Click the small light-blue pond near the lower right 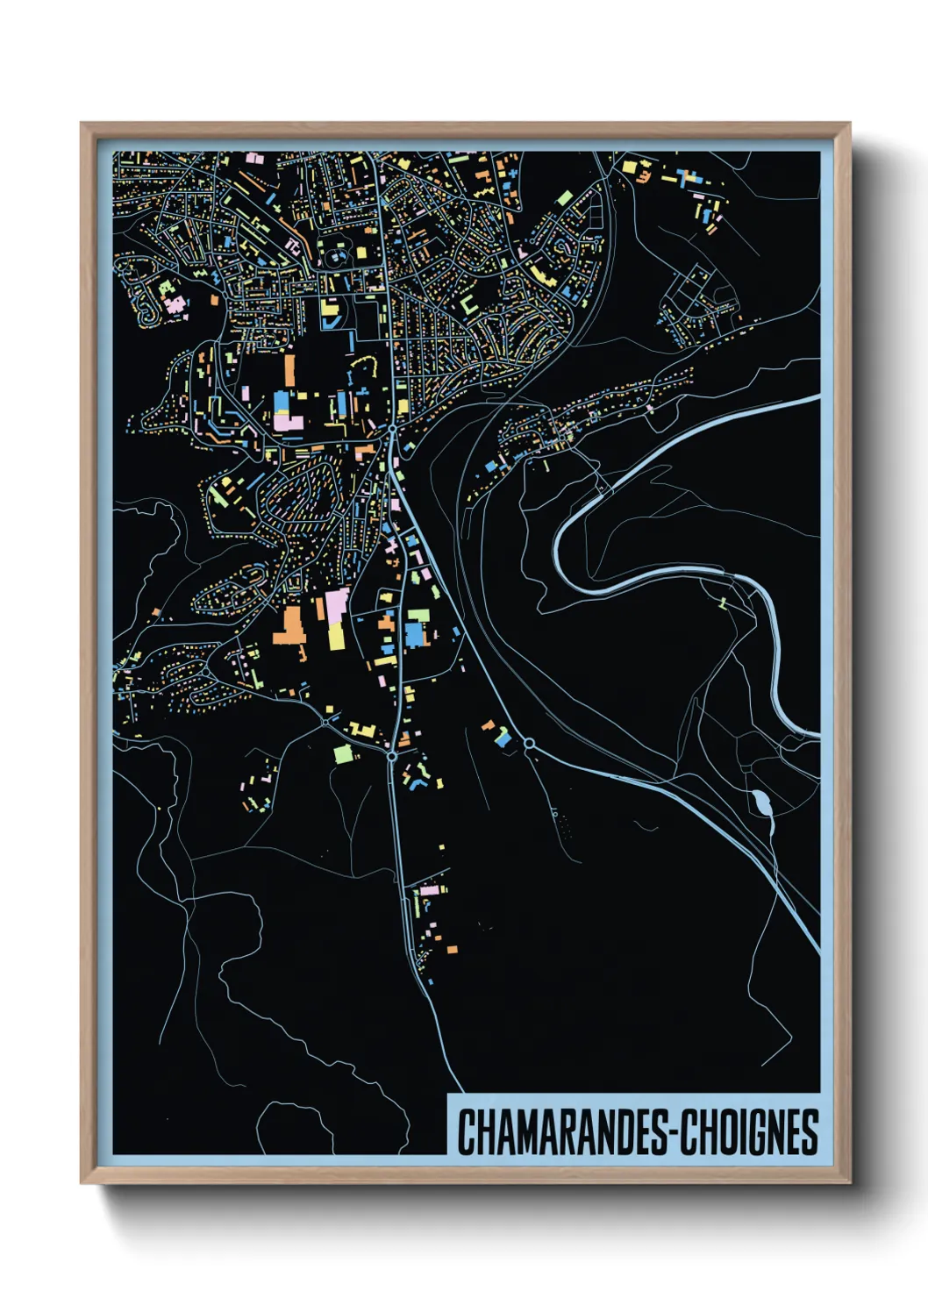[x=760, y=802]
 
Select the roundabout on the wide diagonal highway [x=529, y=744]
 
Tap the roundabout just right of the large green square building [x=391, y=754]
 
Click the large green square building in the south [x=343, y=753]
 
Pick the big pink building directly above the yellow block [x=337, y=604]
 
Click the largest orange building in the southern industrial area [x=289, y=626]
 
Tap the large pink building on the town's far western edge [x=175, y=304]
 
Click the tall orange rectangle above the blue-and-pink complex [x=289, y=369]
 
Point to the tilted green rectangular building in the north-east [x=565, y=198]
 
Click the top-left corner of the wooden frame [x=82, y=125]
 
